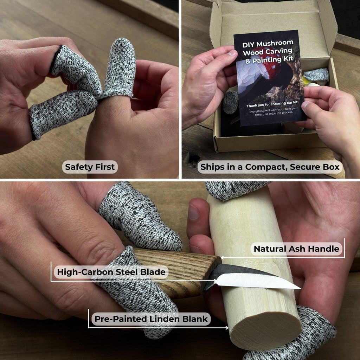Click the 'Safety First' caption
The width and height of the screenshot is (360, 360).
(x=90, y=167)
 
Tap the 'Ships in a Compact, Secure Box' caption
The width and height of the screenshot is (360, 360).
(x=270, y=167)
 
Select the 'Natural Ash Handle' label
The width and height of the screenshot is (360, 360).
(x=296, y=249)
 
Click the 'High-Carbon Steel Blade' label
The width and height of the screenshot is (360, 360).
(x=111, y=272)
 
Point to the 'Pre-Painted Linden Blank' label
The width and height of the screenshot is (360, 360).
(x=151, y=319)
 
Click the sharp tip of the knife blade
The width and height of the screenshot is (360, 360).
(x=300, y=289)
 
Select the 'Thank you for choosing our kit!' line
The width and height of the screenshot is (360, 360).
(x=272, y=104)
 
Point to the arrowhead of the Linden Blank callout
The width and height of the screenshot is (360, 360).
(x=227, y=328)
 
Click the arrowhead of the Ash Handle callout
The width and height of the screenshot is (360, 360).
(x=222, y=258)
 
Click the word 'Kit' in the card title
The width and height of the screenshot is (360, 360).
(x=288, y=59)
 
